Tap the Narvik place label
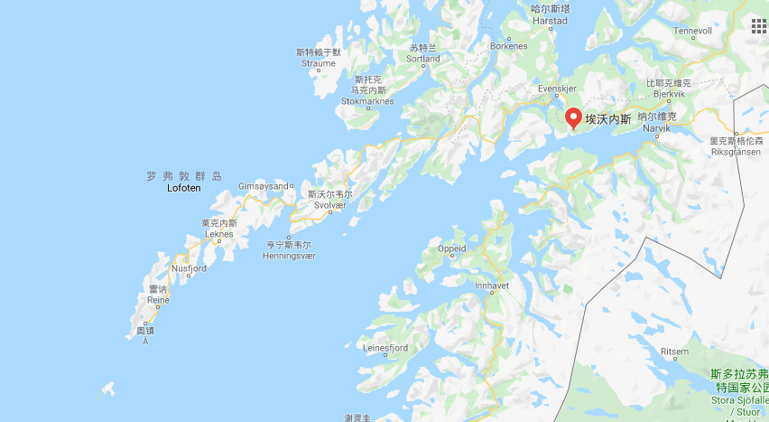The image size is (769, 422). click(656, 128)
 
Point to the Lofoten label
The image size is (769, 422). click(184, 188)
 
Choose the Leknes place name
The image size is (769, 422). click(219, 233)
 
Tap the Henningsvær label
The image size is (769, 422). click(290, 256)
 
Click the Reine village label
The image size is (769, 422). click(159, 299)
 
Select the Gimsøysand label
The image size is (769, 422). click(263, 186)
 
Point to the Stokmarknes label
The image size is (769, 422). click(366, 101)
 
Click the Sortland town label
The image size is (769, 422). click(423, 59)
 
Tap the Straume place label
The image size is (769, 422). click(319, 63)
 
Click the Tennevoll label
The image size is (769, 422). click(692, 31)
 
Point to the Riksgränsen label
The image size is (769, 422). click(736, 152)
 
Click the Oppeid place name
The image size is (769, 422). click(451, 249)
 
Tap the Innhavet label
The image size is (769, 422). click(494, 285)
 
